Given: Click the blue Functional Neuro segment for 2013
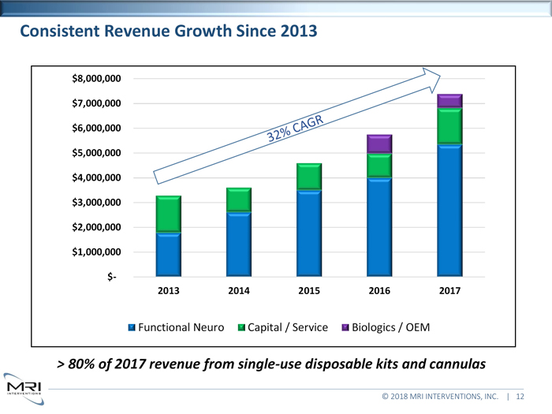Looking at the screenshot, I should pos(169,255).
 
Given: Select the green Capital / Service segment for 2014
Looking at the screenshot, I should pos(239,200).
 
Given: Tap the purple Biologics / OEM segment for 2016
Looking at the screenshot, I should pos(379,144).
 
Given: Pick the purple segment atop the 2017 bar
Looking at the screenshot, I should pos(449,100).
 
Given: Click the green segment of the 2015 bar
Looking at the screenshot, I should pos(309,177).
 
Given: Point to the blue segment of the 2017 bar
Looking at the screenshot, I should pos(449,211).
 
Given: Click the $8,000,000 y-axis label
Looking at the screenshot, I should pos(96,79).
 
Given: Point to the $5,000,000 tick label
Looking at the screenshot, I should pos(96,153).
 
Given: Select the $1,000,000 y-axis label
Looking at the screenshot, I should pos(96,252).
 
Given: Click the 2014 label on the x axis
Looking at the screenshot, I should pos(239,291).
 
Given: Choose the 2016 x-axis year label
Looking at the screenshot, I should pos(379,291).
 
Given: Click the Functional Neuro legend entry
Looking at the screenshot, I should pos(175,326).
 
